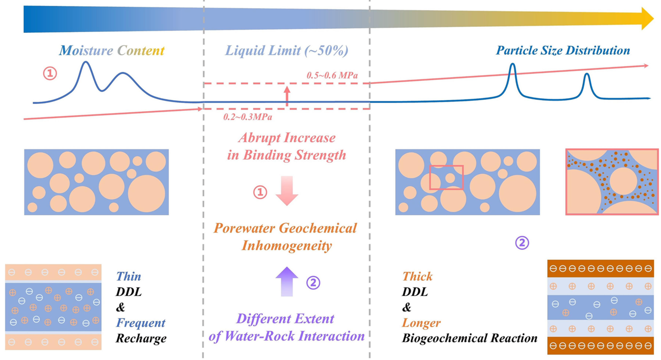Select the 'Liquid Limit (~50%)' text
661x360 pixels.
coord(286,50)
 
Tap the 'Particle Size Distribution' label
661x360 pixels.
coord(563,50)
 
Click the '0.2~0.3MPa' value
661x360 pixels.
coord(248,117)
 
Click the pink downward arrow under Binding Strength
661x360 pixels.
coord(287,190)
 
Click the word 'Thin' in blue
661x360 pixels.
coord(129,276)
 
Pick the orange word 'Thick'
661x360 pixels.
coord(417,276)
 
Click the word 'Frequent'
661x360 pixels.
coord(141,323)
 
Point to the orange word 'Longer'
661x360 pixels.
coord(421,323)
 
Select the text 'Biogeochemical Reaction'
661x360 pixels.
coord(470,338)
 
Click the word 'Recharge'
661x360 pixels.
coord(141,338)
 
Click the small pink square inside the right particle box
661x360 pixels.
coord(446,177)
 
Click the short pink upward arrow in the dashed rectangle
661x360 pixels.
coord(287,95)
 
